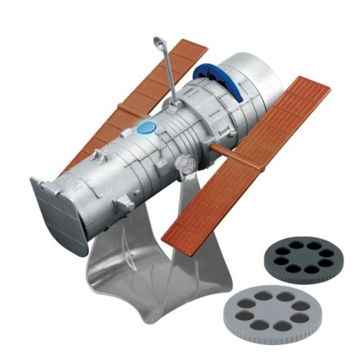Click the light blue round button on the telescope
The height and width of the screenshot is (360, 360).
[x=145, y=127]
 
